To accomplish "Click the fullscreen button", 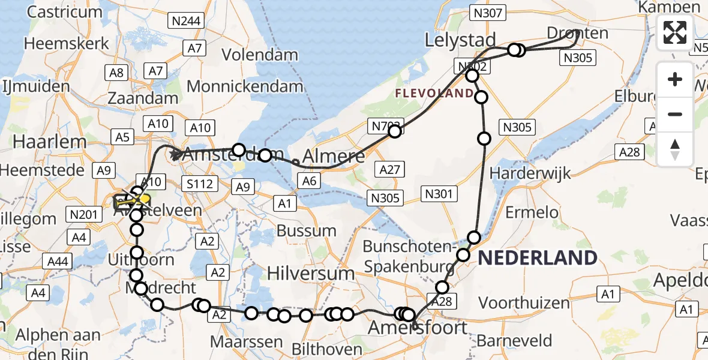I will click(675, 32).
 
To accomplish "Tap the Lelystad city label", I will click(460, 41).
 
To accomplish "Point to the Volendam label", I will click(260, 55).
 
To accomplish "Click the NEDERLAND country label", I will click(537, 258).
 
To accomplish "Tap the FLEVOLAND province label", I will click(434, 93).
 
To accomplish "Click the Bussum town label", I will click(307, 230).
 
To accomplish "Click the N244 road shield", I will click(187, 22).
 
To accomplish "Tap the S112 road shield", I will click(199, 184).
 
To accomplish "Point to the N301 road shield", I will click(440, 193).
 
